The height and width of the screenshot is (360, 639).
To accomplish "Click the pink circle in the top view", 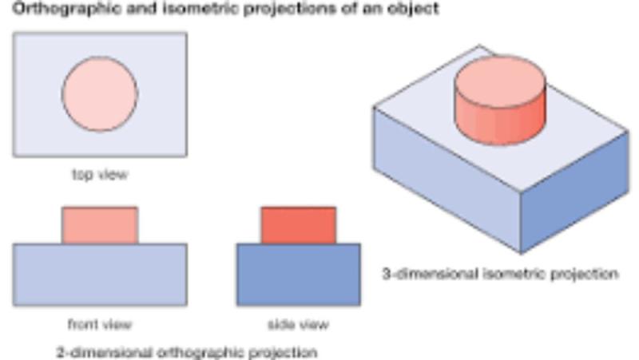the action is tap(100, 94).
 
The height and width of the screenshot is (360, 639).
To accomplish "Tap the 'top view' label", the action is tap(100, 174).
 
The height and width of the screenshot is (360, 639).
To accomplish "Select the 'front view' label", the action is tap(100, 324).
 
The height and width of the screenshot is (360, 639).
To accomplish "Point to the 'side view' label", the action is tap(298, 324).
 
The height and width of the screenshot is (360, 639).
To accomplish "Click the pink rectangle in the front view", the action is tap(100, 225).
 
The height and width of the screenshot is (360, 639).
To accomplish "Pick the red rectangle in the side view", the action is tap(299, 225).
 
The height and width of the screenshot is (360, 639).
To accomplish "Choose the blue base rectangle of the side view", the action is tap(299, 275).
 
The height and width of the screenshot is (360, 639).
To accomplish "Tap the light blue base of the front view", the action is tap(100, 275).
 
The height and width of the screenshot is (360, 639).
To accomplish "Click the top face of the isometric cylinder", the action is tap(501, 82).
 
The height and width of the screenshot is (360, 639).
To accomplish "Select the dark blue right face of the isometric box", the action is tap(574, 192).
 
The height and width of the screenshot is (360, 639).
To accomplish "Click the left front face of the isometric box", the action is tap(447, 179).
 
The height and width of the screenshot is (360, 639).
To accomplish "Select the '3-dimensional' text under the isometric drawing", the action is tap(430, 273).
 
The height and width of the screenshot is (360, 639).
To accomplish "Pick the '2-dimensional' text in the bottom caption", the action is tap(104, 352).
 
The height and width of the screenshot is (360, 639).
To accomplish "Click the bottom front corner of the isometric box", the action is tap(521, 254).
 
